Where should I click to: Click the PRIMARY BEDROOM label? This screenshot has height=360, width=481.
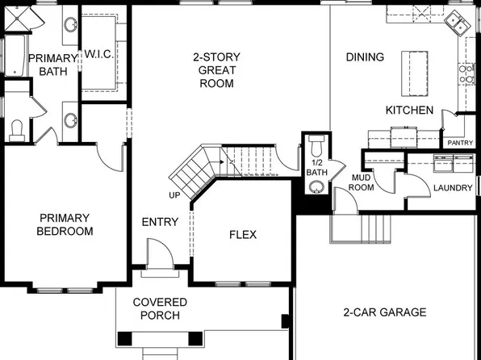pyautogui.click(x=65, y=224)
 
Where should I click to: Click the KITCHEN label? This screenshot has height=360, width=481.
pyautogui.click(x=410, y=111)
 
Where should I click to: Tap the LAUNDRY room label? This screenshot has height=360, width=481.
pyautogui.click(x=452, y=188)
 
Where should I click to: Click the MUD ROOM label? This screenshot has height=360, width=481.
pyautogui.click(x=361, y=182)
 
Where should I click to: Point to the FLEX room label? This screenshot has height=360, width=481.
pyautogui.click(x=243, y=235)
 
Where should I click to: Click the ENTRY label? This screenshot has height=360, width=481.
pyautogui.click(x=160, y=222)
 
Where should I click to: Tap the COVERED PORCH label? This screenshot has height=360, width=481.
pyautogui.click(x=160, y=308)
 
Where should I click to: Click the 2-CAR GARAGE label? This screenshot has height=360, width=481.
pyautogui.click(x=384, y=312)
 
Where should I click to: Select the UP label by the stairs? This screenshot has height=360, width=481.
pyautogui.click(x=174, y=195)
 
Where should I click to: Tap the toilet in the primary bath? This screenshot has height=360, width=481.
pyautogui.click(x=18, y=129)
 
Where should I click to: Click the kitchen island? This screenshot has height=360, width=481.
pyautogui.click(x=416, y=72)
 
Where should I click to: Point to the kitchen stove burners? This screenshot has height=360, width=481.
pyautogui.click(x=466, y=75)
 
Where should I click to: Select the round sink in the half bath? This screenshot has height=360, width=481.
pyautogui.click(x=316, y=188)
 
